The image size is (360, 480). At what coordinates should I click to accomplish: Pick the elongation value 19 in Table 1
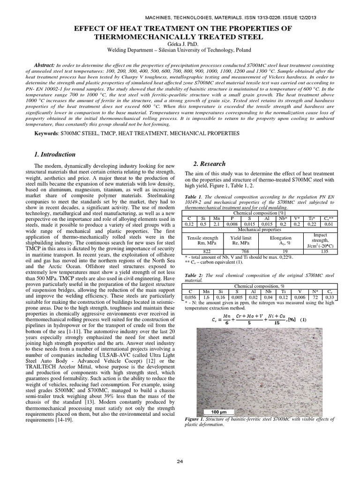pos(279,251)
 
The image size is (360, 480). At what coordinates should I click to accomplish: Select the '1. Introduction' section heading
pos(55,154)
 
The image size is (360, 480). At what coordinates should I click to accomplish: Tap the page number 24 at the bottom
pos(180,462)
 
